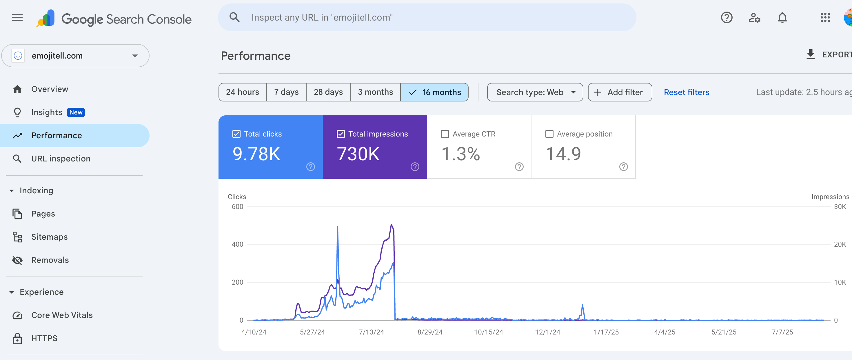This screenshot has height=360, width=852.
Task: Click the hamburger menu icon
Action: pos(17,18)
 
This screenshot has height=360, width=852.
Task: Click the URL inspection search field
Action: pos(427,18)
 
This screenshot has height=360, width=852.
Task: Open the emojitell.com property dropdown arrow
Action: pos(135,56)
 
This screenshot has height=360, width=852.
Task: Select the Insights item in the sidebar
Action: pos(47,112)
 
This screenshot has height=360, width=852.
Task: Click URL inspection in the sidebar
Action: pos(61,159)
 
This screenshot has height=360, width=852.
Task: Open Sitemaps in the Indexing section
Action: pos(49,237)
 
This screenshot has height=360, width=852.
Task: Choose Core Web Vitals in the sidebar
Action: pos(62,315)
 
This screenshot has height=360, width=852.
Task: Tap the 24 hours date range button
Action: pos(243,92)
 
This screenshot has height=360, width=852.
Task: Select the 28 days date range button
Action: pos(328,92)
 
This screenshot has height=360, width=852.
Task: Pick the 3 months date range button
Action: pos(375,92)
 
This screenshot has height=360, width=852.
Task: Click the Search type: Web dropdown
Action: pos(535,92)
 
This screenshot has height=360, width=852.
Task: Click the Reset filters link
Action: pos(686,92)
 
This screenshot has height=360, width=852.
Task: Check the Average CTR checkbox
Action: pos(445,134)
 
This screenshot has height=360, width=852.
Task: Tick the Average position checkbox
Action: pos(549,134)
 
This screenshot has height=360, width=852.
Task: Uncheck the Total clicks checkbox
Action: pos(236,134)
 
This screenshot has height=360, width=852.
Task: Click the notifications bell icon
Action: pos(782,18)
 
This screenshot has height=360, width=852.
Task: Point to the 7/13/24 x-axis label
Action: pos(371,332)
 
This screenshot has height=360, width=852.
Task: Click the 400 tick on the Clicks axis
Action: pos(237,245)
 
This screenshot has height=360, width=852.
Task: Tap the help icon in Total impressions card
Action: pos(415,167)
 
